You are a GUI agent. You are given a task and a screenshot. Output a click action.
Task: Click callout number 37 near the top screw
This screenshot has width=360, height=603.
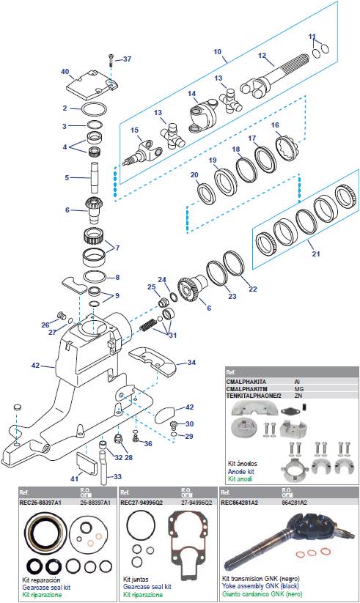point(127,59)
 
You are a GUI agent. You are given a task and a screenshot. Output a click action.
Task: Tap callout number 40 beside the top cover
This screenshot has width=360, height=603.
point(65,71)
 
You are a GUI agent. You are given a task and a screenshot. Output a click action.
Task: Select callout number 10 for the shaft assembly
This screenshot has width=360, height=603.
point(217,52)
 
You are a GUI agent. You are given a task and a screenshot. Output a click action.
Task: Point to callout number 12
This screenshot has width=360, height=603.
point(261,56)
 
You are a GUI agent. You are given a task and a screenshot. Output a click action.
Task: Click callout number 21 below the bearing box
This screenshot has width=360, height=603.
point(317,254)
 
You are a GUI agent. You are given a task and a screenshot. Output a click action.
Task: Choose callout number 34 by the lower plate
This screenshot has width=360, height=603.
point(191,362)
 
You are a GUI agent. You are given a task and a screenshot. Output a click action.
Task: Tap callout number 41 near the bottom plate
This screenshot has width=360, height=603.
point(74,478)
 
